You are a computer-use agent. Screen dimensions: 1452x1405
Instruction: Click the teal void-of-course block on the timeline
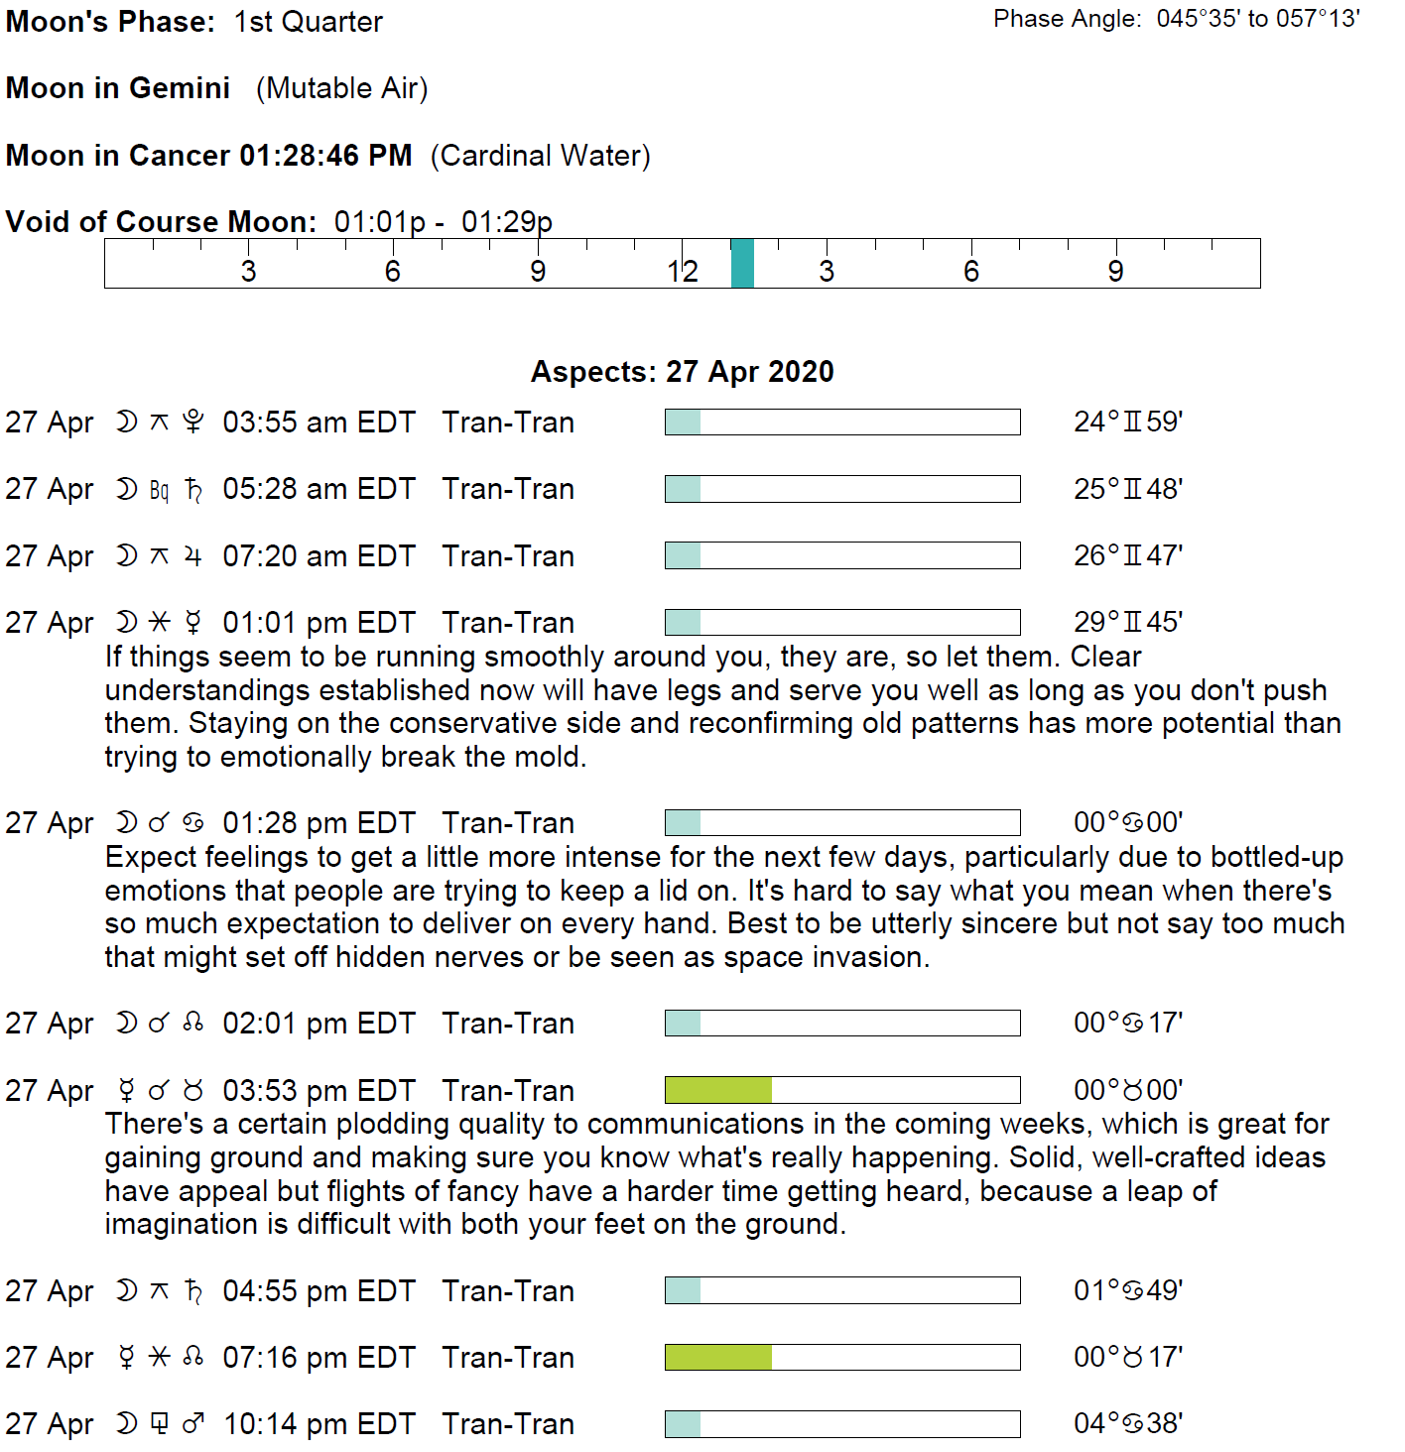(742, 264)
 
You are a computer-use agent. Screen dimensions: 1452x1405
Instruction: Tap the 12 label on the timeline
(683, 272)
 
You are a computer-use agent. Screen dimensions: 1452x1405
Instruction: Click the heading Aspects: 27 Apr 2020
(683, 372)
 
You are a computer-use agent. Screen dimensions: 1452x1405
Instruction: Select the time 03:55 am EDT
(319, 423)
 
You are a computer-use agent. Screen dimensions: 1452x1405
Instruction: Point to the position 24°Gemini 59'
(1128, 423)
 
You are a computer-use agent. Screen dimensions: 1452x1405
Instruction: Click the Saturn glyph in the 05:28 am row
(194, 490)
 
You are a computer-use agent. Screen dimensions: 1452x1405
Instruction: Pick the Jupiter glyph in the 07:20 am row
(193, 556)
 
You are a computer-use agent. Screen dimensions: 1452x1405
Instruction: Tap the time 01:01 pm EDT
(319, 623)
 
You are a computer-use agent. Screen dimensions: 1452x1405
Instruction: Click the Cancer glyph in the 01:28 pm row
(193, 823)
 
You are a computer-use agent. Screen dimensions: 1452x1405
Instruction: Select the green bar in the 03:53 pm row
(718, 1091)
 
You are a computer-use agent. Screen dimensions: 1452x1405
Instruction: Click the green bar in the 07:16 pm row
(718, 1358)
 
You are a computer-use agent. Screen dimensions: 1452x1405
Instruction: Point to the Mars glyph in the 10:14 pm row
(193, 1424)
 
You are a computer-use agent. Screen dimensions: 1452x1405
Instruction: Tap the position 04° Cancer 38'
(1128, 1424)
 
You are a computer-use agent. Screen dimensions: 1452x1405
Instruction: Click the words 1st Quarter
(309, 22)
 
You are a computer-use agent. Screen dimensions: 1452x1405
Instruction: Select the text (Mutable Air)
(342, 88)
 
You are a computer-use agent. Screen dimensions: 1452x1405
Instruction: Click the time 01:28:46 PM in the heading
(325, 156)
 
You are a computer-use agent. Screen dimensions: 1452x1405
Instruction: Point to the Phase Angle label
(1068, 19)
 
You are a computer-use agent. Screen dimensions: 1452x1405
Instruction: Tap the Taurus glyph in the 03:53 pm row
(193, 1091)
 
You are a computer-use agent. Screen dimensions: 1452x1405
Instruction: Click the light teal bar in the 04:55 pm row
(683, 1291)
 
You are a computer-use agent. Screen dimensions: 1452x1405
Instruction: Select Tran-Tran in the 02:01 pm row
(508, 1024)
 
